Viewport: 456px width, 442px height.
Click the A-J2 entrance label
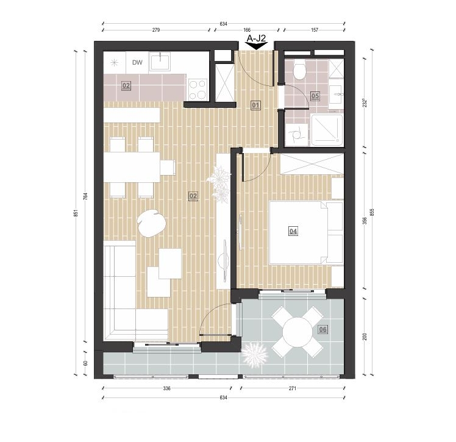point(256,38)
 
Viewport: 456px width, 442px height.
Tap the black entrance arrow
point(256,46)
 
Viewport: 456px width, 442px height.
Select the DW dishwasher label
point(137,63)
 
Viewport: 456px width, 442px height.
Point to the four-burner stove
point(198,90)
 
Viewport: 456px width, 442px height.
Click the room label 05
point(315,96)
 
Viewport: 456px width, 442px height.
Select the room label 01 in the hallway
point(256,105)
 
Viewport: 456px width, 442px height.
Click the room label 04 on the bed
point(293,232)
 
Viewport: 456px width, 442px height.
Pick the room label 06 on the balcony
point(323,329)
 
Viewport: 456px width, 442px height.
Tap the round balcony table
point(297,332)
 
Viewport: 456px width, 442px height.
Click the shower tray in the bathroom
point(327,130)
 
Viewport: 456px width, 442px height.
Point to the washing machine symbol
point(296,135)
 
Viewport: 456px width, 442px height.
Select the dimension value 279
point(156,30)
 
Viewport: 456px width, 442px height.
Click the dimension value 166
point(247,30)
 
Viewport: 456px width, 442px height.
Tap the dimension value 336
point(166,388)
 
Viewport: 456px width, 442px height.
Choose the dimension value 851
point(76,213)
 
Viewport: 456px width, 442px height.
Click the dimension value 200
point(365,337)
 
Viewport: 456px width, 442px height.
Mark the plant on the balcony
point(255,354)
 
